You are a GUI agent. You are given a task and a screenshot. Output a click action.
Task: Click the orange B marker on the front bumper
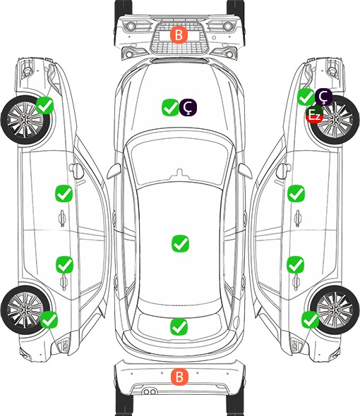point(179,35)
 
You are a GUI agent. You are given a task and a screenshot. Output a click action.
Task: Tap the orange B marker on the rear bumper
point(179,377)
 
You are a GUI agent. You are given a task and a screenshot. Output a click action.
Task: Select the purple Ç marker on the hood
point(188,107)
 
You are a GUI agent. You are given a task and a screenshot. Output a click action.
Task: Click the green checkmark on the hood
point(170,107)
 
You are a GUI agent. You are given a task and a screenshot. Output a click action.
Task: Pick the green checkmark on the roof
point(181,243)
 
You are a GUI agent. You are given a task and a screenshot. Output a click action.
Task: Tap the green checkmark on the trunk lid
point(179,326)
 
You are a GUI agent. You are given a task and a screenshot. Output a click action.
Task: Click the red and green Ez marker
point(314,115)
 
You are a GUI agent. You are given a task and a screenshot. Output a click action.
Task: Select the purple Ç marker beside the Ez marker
point(323,97)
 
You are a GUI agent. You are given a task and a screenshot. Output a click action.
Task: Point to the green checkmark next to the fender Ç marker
point(306,97)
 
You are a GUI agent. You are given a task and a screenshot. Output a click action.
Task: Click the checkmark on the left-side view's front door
point(64,194)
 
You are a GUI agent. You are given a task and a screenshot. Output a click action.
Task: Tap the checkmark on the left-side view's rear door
point(64,264)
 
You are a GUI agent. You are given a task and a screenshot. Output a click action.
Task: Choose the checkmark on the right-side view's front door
point(296,194)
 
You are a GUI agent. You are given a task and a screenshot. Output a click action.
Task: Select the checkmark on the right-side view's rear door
point(296,264)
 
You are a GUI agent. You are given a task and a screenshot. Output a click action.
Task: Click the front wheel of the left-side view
point(25,120)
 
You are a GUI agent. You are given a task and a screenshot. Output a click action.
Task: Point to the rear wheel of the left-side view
point(25,310)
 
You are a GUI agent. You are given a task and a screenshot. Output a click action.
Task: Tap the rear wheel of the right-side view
point(335,310)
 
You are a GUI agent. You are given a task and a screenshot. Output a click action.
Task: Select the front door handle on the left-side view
point(62,218)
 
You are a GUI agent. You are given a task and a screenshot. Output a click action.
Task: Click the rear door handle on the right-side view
point(296,282)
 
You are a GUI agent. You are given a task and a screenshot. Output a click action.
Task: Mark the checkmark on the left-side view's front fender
point(45,105)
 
